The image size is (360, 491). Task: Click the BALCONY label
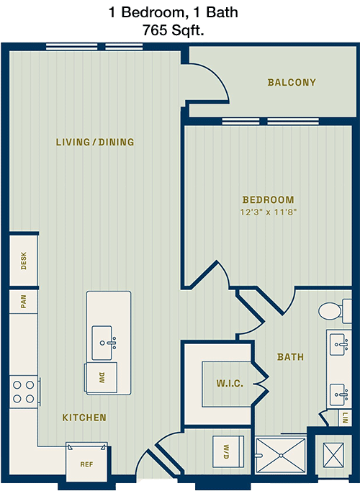click(292, 82)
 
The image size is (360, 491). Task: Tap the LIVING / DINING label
click(95, 142)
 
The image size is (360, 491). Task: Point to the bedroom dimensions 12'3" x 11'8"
click(269, 212)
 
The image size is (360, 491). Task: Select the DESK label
click(24, 261)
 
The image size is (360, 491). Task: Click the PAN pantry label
click(24, 301)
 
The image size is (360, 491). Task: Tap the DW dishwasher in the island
click(101, 377)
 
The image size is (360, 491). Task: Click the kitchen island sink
click(102, 343)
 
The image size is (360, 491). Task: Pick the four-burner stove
click(24, 392)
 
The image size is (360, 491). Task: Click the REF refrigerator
click(86, 462)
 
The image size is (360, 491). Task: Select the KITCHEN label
click(84, 418)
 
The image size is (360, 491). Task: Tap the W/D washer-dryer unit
click(228, 451)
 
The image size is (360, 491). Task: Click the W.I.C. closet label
click(230, 383)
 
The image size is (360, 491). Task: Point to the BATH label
click(290, 356)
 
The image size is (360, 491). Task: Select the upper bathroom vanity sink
click(339, 345)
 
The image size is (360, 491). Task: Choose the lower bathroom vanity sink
click(339, 395)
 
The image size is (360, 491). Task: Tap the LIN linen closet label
click(345, 418)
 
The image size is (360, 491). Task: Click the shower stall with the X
click(281, 455)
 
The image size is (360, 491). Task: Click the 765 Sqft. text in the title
click(174, 30)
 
